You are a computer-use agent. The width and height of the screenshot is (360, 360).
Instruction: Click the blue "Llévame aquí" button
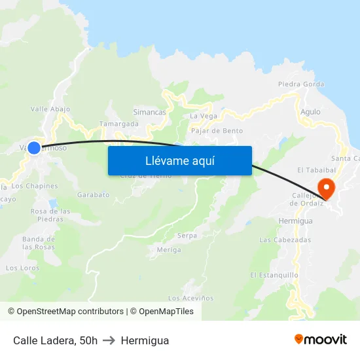click(x=179, y=160)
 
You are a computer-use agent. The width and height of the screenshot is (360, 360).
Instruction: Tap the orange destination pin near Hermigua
click(x=325, y=188)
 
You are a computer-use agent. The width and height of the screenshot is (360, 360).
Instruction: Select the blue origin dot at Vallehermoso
click(x=34, y=148)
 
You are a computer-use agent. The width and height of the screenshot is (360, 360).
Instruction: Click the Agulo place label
click(x=310, y=112)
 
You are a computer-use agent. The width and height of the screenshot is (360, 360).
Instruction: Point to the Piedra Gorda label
click(x=301, y=84)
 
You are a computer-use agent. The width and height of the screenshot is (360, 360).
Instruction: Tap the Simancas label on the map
click(x=149, y=112)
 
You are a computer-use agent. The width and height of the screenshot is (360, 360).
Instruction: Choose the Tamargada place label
click(x=118, y=124)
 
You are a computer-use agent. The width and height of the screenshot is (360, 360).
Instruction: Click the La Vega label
click(x=203, y=116)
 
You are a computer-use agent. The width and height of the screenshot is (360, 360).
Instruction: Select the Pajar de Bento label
click(x=217, y=131)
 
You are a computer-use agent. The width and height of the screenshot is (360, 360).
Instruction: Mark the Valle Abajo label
click(x=50, y=109)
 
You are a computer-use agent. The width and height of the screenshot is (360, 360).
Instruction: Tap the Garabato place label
click(x=93, y=195)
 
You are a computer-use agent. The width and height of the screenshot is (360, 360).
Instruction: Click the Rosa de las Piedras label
click(x=50, y=215)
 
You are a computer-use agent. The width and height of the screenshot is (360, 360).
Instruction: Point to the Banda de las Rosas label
click(x=39, y=243)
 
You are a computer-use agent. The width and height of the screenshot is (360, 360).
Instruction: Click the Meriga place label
click(x=169, y=250)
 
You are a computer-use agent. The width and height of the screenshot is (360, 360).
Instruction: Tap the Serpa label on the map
click(x=187, y=236)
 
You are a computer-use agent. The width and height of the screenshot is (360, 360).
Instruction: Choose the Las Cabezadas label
click(x=285, y=240)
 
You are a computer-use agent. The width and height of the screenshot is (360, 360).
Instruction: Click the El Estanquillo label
click(x=274, y=275)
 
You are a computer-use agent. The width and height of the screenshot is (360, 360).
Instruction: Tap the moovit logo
click(x=321, y=340)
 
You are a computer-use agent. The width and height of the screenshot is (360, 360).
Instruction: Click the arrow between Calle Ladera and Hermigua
click(x=109, y=340)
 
